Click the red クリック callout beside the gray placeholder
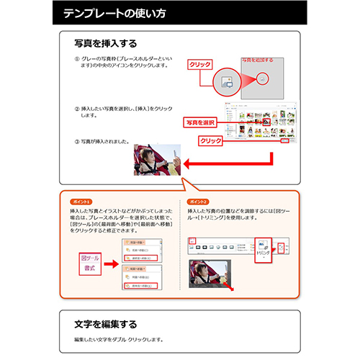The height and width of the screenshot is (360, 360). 199,65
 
